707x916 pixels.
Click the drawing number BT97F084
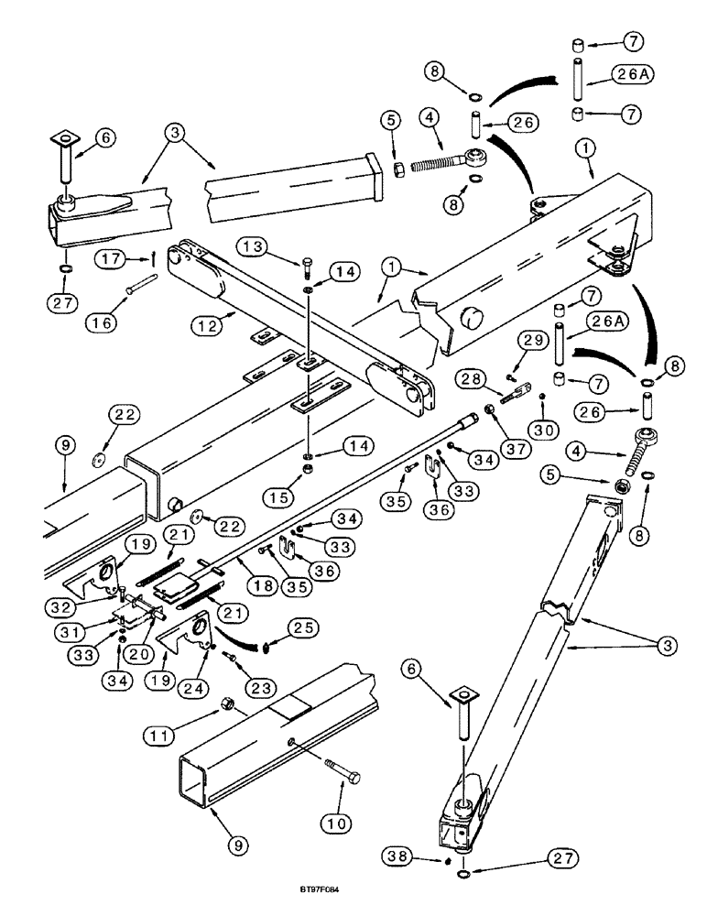pyautogui.click(x=352, y=889)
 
